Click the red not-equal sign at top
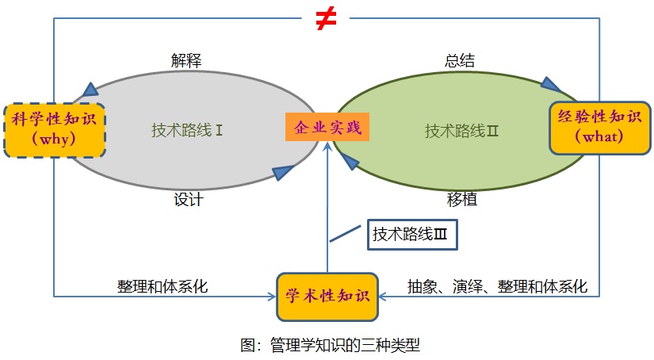pyautogui.click(x=324, y=20)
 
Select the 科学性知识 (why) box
pyautogui.click(x=55, y=130)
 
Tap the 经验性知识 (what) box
pyautogui.click(x=599, y=127)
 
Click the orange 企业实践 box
pyautogui.click(x=327, y=127)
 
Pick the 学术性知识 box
pyautogui.click(x=327, y=297)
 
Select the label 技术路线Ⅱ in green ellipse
pyautogui.click(x=461, y=130)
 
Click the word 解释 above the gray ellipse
pyautogui.click(x=185, y=61)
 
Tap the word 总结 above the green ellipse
pyautogui.click(x=460, y=61)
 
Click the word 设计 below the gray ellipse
pyautogui.click(x=189, y=200)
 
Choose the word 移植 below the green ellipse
pyautogui.click(x=462, y=200)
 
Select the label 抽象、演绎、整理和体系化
pyautogui.click(x=497, y=286)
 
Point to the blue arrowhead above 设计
pyautogui.click(x=283, y=173)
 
